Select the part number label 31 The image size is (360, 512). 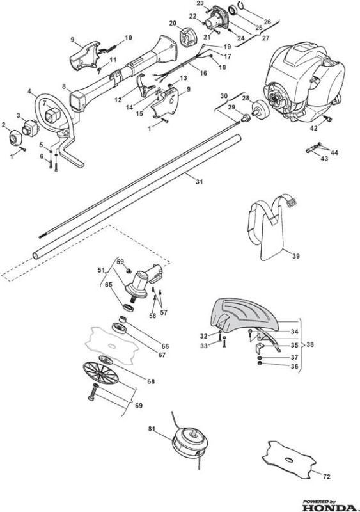[x=199, y=182]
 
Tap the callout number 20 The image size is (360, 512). [x=173, y=23]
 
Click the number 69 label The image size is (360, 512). [x=139, y=406]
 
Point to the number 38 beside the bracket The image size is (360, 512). [x=310, y=344]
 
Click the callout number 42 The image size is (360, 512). [x=313, y=129]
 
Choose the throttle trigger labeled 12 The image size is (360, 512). [x=145, y=86]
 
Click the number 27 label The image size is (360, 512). [x=265, y=38]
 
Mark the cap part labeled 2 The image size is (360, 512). [x=14, y=137]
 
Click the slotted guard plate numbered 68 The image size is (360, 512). [x=100, y=373]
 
